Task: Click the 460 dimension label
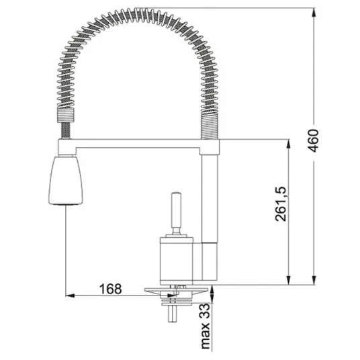[314, 140]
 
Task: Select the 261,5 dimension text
[281, 204]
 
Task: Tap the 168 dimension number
[110, 289]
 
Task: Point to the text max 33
[206, 327]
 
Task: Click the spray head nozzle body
[66, 180]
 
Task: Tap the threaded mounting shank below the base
[173, 314]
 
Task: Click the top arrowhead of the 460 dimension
[314, 11]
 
